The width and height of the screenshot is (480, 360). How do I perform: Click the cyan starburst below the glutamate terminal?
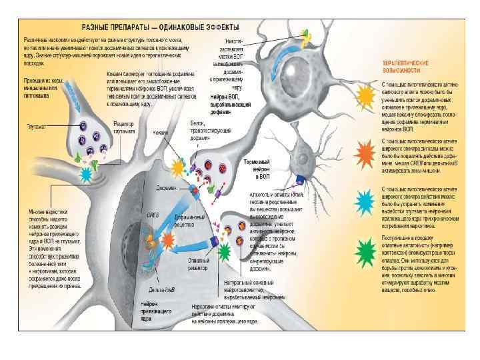(x=86, y=175)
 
